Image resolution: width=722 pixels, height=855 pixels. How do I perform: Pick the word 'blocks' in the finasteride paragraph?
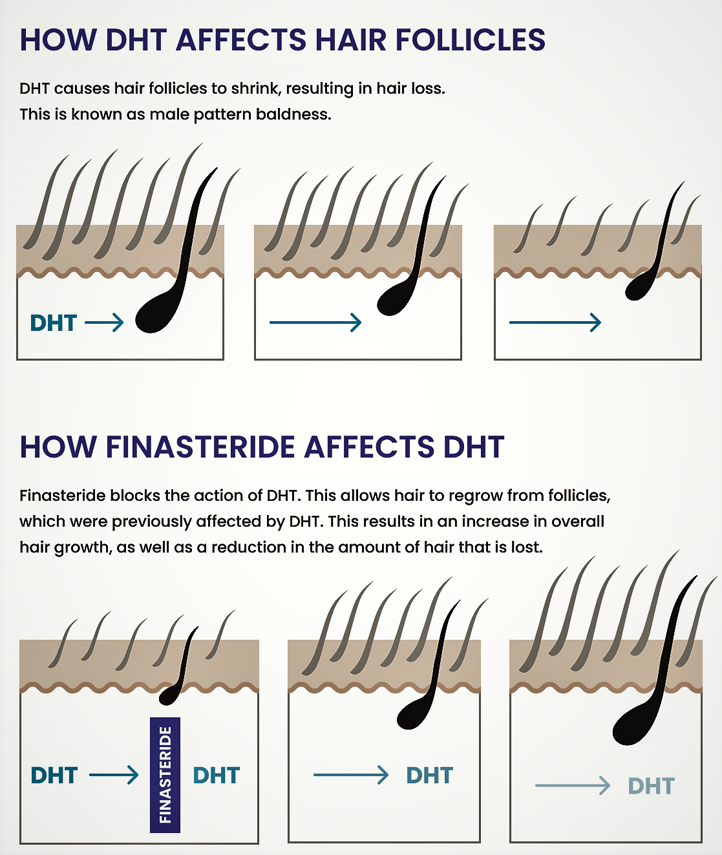point(135,496)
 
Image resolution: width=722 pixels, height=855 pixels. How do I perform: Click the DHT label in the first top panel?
point(54,322)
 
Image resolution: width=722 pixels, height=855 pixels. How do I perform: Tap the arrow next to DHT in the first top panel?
point(104,322)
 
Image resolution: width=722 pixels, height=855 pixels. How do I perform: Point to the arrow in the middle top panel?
point(315,322)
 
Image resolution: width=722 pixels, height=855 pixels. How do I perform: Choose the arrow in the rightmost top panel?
point(555,322)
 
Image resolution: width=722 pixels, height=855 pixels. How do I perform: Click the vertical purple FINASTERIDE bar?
point(165,774)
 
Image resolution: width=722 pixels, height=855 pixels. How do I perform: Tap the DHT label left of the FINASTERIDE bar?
point(54,775)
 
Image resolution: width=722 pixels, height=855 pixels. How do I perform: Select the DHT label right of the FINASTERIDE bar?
point(217,775)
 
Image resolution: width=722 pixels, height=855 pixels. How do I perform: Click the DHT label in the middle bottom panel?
point(430,775)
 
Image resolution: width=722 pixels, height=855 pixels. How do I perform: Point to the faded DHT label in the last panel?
point(652,786)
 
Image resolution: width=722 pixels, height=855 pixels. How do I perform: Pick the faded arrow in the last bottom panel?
point(573,785)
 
